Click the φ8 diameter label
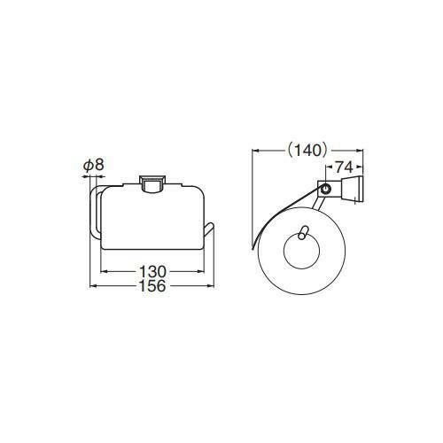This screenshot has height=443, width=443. [x=94, y=165]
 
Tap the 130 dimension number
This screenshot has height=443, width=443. [x=152, y=271]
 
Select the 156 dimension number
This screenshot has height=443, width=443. [x=152, y=286]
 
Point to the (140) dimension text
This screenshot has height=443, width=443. [x=307, y=151]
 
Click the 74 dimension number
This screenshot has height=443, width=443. [x=344, y=167]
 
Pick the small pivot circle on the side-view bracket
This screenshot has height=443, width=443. [x=326, y=188]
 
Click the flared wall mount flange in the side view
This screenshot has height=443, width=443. [x=352, y=189]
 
